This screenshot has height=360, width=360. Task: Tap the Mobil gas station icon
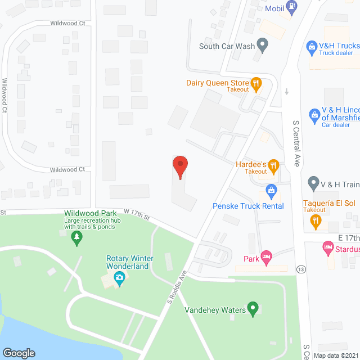(291, 7)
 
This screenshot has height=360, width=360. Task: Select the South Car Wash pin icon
(262, 44)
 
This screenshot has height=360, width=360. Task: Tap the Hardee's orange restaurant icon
(273, 165)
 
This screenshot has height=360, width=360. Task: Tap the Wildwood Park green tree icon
(76, 238)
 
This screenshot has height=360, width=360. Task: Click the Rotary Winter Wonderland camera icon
(119, 277)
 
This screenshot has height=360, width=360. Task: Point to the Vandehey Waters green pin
(253, 308)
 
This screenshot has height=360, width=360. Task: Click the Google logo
(18, 353)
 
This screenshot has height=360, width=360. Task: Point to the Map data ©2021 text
(335, 355)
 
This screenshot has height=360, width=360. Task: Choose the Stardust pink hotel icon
(328, 247)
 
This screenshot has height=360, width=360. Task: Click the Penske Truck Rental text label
(248, 206)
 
